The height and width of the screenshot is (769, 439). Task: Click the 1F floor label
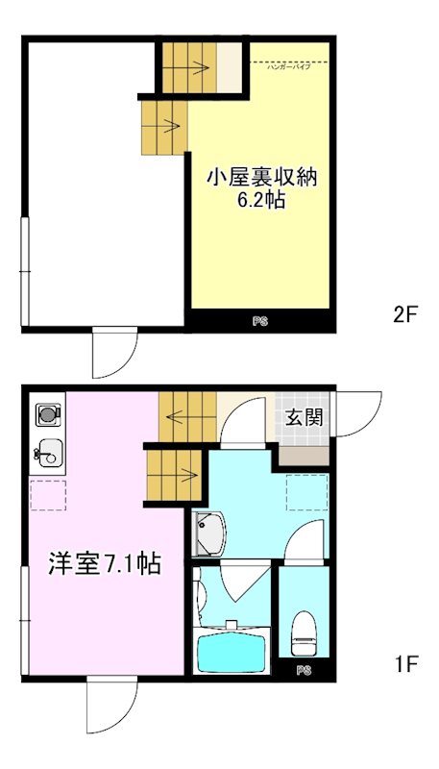tap(404, 663)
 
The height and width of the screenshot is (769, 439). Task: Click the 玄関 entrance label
tap(303, 418)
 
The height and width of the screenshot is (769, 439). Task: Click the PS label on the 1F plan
tap(304, 669)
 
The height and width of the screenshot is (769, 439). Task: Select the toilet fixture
tap(304, 629)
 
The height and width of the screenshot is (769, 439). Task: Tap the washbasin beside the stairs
tap(208, 534)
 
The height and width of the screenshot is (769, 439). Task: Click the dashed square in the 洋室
tap(47, 494)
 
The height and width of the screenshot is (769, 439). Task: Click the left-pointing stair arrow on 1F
tap(179, 416)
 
